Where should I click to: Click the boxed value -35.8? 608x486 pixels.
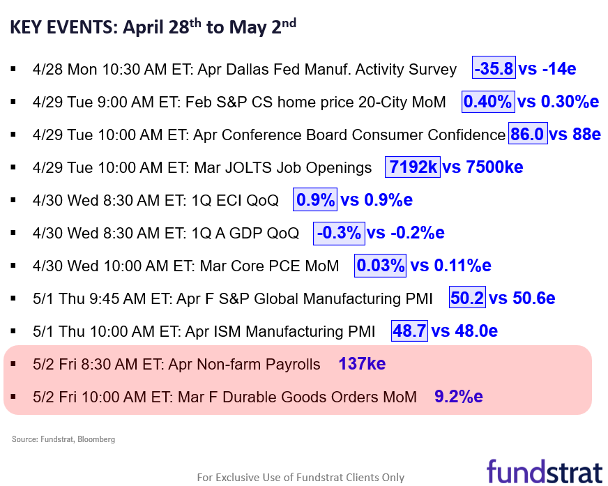click(x=494, y=68)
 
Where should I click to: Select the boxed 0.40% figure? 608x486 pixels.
click(x=488, y=102)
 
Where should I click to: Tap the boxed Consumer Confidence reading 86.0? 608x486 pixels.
click(x=528, y=133)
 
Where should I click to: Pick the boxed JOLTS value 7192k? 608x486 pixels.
click(x=413, y=167)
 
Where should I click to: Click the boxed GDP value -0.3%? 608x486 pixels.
click(x=339, y=233)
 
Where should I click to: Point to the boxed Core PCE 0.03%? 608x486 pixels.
click(x=380, y=265)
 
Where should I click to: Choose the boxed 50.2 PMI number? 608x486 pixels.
click(x=467, y=298)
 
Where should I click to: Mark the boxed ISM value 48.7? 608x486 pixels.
click(x=409, y=331)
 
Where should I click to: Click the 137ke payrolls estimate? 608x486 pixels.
click(x=362, y=364)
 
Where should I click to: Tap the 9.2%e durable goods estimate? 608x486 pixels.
click(x=459, y=397)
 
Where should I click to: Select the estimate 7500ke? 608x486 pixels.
click(x=494, y=167)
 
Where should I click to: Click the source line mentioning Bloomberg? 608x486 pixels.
click(x=63, y=439)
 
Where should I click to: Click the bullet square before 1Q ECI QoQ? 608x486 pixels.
click(x=13, y=200)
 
